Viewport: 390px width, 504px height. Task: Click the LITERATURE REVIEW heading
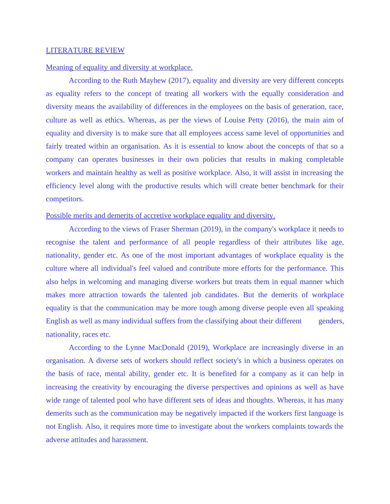pos(85,50)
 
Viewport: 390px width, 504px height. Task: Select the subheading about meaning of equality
pos(119,67)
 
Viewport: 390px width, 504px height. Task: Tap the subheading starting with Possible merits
pos(160,216)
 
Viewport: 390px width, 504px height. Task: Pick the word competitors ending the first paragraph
pos(65,199)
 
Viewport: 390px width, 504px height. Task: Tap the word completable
pos(325,159)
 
